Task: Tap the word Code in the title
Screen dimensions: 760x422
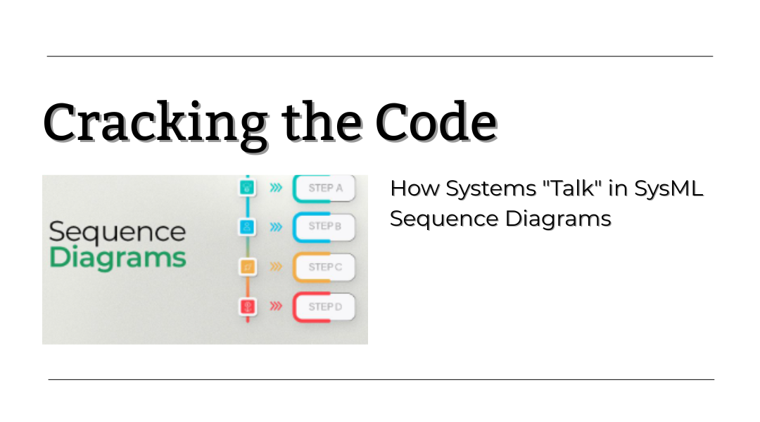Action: (x=436, y=122)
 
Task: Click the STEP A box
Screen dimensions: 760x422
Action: (x=324, y=188)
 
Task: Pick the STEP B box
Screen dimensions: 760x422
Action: (x=324, y=226)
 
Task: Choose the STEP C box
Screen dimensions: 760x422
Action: (x=324, y=267)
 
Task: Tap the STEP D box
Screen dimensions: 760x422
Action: (x=324, y=307)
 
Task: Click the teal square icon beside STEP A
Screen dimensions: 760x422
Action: (x=248, y=188)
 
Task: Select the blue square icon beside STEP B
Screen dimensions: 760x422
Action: (x=248, y=226)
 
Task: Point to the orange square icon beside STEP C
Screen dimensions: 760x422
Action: (x=248, y=267)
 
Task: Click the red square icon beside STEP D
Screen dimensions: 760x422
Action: (x=248, y=306)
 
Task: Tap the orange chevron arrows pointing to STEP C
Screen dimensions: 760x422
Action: (x=277, y=267)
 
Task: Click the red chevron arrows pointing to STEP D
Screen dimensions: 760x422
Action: (x=277, y=306)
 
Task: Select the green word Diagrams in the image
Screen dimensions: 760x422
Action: (x=118, y=257)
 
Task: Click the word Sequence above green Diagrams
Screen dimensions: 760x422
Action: (x=118, y=232)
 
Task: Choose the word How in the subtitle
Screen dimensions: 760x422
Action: (x=415, y=188)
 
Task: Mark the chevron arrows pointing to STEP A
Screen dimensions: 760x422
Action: (x=277, y=188)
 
